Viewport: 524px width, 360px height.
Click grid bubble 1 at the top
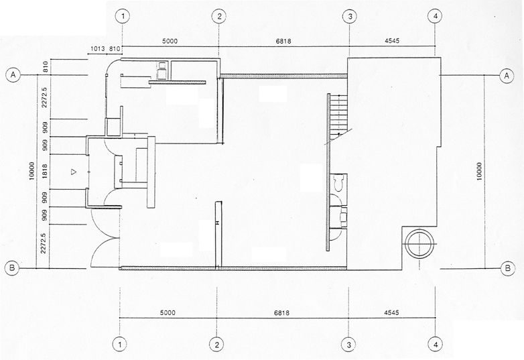click(120, 16)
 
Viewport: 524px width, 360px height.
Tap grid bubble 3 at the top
click(349, 16)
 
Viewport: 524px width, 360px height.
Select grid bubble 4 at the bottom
click(436, 345)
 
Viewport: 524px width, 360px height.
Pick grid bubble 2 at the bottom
click(217, 345)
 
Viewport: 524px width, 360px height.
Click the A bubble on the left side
click(13, 76)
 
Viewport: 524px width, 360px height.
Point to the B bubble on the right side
click(509, 269)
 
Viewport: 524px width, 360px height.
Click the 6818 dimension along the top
click(284, 40)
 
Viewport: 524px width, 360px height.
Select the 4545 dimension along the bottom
click(393, 312)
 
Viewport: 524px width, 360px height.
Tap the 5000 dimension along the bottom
click(168, 312)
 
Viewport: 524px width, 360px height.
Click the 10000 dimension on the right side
click(477, 174)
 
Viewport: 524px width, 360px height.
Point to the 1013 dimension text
click(97, 49)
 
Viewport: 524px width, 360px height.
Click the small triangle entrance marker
click(74, 172)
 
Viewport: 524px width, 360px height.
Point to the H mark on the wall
click(217, 222)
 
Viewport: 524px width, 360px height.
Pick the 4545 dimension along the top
click(393, 40)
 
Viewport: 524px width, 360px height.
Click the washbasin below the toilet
click(340, 216)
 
